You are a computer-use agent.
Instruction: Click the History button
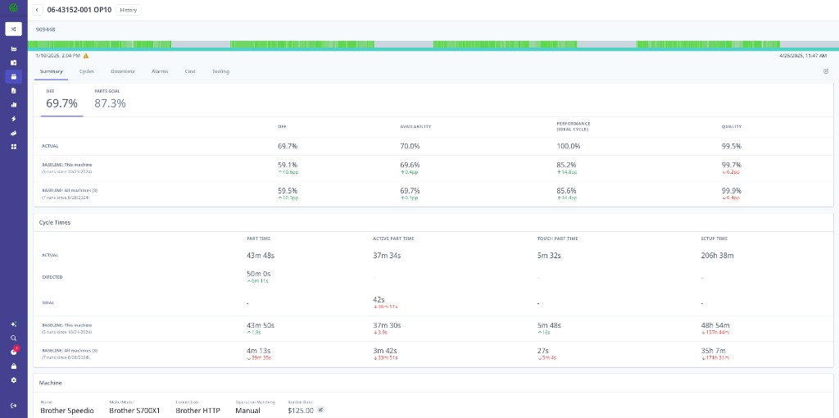(128, 10)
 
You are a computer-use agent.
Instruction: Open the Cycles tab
(86, 71)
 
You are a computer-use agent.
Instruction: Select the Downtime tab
(123, 71)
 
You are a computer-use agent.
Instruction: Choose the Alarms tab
(160, 71)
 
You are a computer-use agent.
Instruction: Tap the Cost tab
(190, 71)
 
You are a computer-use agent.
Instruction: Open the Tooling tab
(220, 71)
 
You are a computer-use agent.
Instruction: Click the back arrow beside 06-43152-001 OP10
(38, 10)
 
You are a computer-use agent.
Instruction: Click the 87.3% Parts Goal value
(110, 103)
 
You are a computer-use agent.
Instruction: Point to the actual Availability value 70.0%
(410, 146)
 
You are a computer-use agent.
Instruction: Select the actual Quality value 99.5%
(732, 146)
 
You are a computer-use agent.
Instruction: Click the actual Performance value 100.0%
(568, 146)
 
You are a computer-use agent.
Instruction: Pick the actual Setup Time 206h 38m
(718, 256)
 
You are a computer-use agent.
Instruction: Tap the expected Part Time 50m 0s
(258, 274)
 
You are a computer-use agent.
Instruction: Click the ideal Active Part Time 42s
(379, 300)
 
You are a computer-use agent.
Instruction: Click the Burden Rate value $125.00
(300, 410)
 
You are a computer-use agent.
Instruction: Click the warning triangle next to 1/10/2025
(86, 56)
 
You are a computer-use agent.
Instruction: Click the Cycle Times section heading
(55, 222)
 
